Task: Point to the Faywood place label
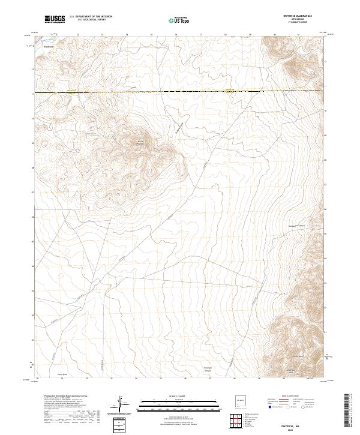(x=49, y=46)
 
